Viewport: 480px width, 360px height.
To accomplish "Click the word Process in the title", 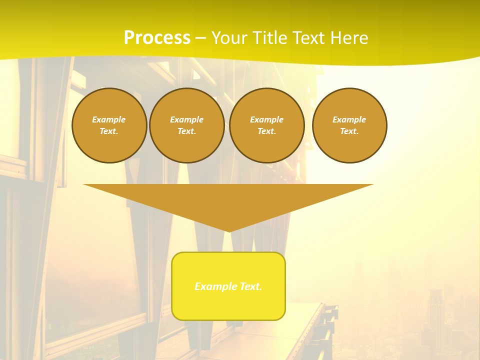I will pos(157,38).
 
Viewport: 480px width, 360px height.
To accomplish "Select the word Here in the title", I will pos(348,38).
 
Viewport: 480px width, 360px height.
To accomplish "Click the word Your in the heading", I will pos(229,38).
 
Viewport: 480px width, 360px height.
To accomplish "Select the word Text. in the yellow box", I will pos(251,286).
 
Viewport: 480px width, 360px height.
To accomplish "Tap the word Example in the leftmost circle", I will pos(109,119).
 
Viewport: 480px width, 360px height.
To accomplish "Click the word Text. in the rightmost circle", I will pos(349,131).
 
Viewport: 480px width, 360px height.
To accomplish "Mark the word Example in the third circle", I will pos(267,119).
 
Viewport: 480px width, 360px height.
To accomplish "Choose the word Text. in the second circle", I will pos(187,131).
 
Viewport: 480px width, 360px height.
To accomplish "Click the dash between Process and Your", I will pos(200,38).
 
